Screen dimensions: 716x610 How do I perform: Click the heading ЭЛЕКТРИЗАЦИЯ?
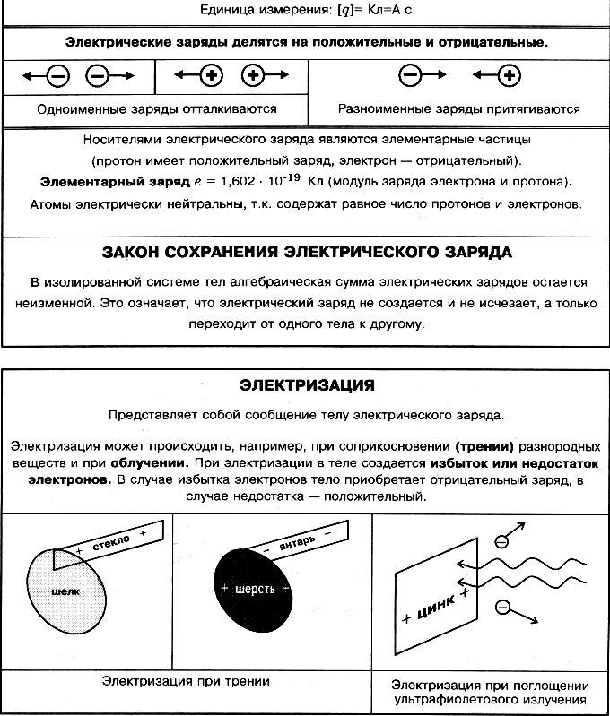pyautogui.click(x=307, y=386)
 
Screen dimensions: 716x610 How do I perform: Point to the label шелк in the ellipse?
pyautogui.click(x=66, y=592)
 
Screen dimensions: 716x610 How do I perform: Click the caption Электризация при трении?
pyautogui.click(x=187, y=681)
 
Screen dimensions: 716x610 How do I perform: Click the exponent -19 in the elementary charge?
pyautogui.click(x=292, y=177)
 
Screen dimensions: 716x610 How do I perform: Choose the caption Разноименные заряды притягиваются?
pyautogui.click(x=458, y=109)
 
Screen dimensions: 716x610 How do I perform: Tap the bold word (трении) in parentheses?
pyautogui.click(x=490, y=445)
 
